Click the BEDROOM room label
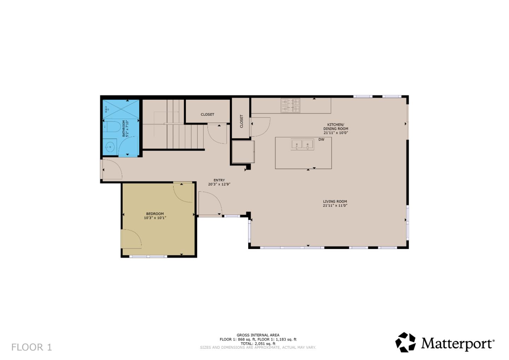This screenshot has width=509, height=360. click(x=155, y=214)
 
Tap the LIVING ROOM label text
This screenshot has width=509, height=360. click(x=335, y=202)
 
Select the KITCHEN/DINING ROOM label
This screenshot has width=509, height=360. click(x=335, y=127)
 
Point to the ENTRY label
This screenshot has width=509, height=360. click(x=219, y=180)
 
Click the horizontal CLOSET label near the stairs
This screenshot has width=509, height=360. click(x=207, y=115)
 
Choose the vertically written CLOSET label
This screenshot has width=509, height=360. click(x=242, y=121)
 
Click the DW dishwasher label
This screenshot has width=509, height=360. click(x=321, y=140)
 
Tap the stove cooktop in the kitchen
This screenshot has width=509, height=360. click(x=290, y=105)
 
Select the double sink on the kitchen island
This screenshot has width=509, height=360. click(x=302, y=144)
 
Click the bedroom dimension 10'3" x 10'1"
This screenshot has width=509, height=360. click(x=155, y=218)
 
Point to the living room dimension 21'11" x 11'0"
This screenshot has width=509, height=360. click(x=335, y=205)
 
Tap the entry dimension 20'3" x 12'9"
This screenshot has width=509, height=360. click(x=219, y=184)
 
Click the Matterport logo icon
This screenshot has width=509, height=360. click(x=405, y=342)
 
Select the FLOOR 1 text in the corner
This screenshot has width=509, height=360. click(x=31, y=347)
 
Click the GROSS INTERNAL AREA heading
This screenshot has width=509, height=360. click(x=258, y=335)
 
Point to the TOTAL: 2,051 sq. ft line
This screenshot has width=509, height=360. click(x=258, y=343)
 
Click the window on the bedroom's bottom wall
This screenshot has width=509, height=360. click(x=148, y=256)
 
